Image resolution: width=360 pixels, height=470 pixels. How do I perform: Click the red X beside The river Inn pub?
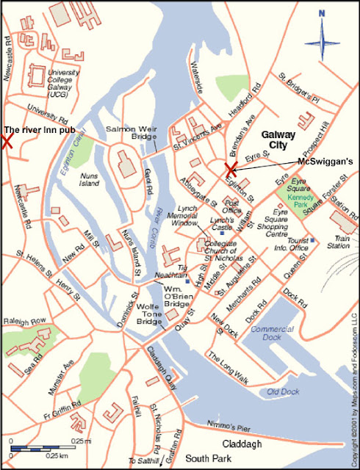[7, 142]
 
